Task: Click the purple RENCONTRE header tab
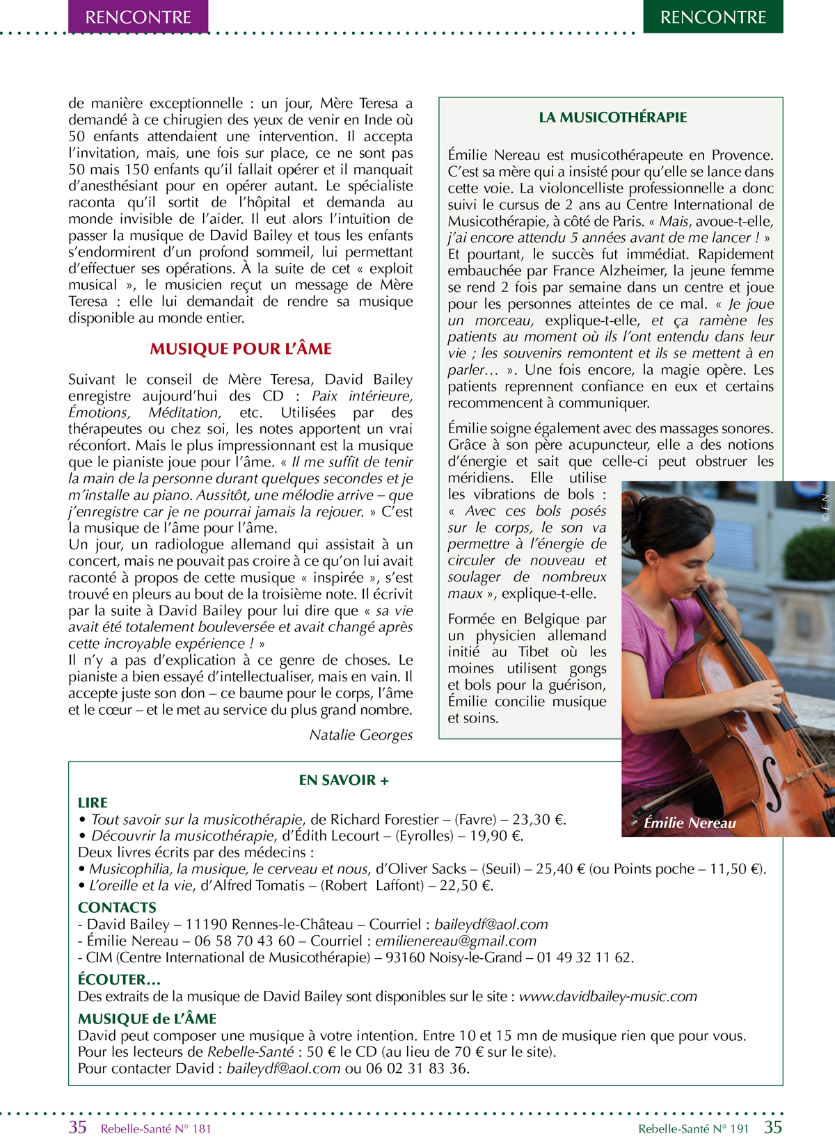pos(138,17)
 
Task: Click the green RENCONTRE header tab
pos(713,17)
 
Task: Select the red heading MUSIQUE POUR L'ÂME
pos(241,348)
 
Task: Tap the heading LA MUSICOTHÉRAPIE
pos(612,118)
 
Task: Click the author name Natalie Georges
pos(360,735)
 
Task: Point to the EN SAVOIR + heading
pos(344,780)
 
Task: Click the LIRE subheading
pos(93,802)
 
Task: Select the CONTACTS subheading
pos(117,907)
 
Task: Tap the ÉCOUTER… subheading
pos(119,980)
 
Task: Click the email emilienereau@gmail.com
pos(456,941)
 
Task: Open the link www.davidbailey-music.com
pos(607,996)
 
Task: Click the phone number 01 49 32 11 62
pos(584,957)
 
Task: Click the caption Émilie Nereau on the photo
pos(689,823)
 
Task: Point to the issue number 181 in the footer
pos(201,1129)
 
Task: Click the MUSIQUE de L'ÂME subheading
pos(147,1019)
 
